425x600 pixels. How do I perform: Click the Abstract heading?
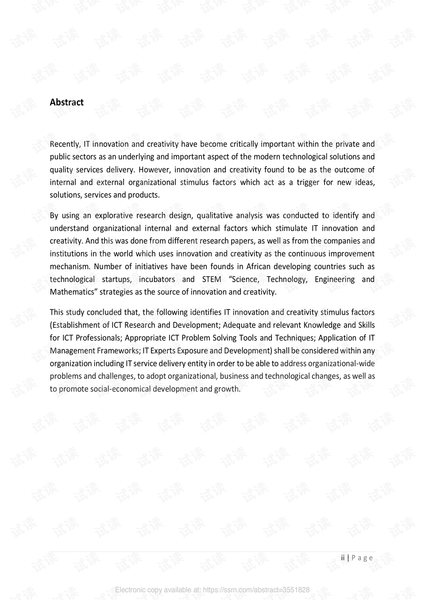click(x=66, y=102)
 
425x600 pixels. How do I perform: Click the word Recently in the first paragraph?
click(x=65, y=144)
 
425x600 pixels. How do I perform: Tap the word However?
click(x=155, y=170)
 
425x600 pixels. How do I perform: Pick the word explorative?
click(x=114, y=216)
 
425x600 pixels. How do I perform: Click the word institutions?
click(x=68, y=254)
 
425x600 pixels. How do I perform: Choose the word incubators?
click(x=157, y=279)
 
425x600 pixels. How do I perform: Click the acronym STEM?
click(x=212, y=279)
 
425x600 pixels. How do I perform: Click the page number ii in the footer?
click(x=343, y=558)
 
